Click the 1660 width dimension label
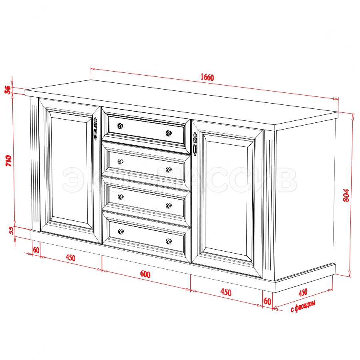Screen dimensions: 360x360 [x=207, y=77]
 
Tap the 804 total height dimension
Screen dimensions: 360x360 [x=346, y=195]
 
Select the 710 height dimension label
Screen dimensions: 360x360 [x=8, y=161]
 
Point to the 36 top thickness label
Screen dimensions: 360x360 [x=8, y=90]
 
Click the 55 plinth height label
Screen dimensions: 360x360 [x=11, y=230]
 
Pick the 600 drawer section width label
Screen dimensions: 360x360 [x=145, y=274]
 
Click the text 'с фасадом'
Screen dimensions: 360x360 [x=303, y=306]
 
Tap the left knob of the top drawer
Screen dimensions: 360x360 [x=120, y=126]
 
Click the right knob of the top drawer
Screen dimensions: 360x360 [x=169, y=133]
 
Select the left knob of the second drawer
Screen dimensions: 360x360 [x=120, y=162]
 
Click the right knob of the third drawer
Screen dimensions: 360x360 [x=169, y=206]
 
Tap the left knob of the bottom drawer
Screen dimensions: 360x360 [x=121, y=232]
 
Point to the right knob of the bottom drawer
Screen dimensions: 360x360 [x=169, y=241]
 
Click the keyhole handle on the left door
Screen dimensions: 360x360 [x=95, y=128]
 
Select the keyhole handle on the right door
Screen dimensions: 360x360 [x=195, y=144]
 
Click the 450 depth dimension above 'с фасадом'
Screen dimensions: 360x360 [x=303, y=292]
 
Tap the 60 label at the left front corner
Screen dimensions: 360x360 [x=36, y=250]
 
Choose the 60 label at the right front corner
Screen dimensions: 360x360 [x=267, y=301]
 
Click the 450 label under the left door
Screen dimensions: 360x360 [x=70, y=258]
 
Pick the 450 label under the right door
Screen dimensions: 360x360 [x=226, y=292]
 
